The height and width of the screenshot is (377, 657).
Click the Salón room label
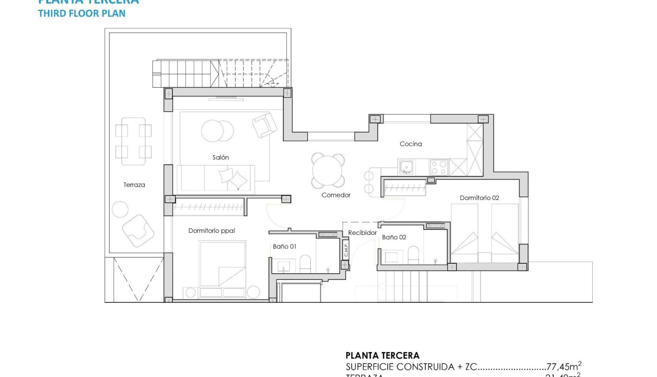click(221, 158)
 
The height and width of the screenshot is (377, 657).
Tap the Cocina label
click(410, 144)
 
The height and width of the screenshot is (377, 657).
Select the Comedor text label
click(336, 195)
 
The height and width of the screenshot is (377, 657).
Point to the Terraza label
click(134, 185)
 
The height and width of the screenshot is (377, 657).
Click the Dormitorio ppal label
click(211, 231)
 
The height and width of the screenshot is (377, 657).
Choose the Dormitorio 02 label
click(479, 198)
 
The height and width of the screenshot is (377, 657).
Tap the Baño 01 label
click(284, 246)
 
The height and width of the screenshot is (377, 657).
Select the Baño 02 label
click(394, 237)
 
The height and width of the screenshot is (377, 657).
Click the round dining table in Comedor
click(328, 171)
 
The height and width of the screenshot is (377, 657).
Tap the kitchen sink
click(406, 166)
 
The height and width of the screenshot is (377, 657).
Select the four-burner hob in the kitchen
click(439, 166)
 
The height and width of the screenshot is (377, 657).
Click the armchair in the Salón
click(264, 125)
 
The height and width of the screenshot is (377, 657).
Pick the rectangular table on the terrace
click(133, 141)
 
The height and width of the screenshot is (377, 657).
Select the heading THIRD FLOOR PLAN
click(82, 13)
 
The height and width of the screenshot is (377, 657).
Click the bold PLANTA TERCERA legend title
click(382, 356)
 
